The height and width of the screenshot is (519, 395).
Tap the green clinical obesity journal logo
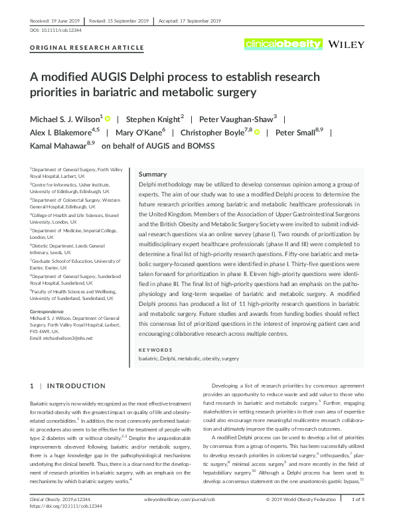point(283,44)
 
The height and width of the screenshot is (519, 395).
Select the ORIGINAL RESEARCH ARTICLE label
point(87,48)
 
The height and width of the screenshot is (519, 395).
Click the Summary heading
point(153,173)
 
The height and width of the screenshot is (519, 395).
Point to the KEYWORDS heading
point(155,349)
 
